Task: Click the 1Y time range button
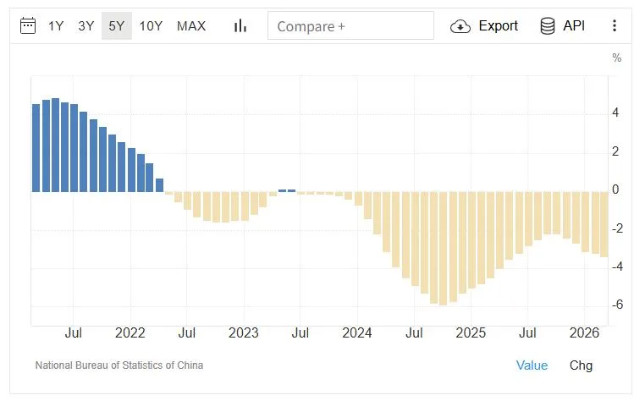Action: pyautogui.click(x=56, y=26)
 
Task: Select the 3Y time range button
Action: pyautogui.click(x=85, y=26)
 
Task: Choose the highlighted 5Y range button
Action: pyautogui.click(x=117, y=26)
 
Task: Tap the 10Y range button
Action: pyautogui.click(x=151, y=26)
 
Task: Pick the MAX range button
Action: pyautogui.click(x=191, y=26)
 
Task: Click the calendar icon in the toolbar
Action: pyautogui.click(x=28, y=26)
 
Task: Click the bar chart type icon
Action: pyautogui.click(x=240, y=26)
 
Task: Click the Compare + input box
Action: pyautogui.click(x=350, y=26)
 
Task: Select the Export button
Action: pyautogui.click(x=485, y=26)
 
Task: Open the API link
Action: pyautogui.click(x=563, y=26)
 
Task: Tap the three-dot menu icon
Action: pyautogui.click(x=614, y=26)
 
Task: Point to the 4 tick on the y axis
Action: pyautogui.click(x=617, y=113)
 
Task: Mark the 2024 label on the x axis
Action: pyautogui.click(x=357, y=332)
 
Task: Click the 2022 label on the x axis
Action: pyautogui.click(x=130, y=332)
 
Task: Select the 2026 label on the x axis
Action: pyautogui.click(x=585, y=332)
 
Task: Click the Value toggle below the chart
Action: pyautogui.click(x=532, y=365)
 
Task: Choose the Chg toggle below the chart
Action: pyautogui.click(x=581, y=365)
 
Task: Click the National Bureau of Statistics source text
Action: pyautogui.click(x=119, y=365)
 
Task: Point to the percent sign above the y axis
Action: pyautogui.click(x=616, y=58)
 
